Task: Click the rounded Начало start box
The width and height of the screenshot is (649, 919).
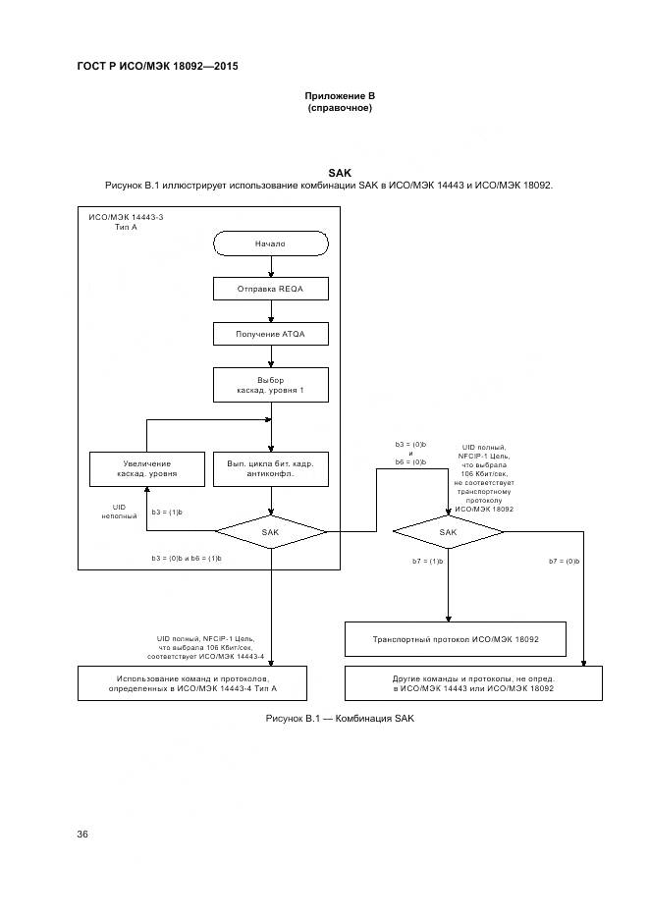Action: tap(270, 243)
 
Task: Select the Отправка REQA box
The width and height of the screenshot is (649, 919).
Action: tap(270, 289)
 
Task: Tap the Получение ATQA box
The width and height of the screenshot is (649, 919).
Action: tap(270, 334)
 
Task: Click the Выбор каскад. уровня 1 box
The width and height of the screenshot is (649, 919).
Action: tap(270, 386)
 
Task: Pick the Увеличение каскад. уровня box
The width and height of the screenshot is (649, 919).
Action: tap(146, 468)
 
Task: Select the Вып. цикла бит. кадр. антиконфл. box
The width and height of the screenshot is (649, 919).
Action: tap(270, 468)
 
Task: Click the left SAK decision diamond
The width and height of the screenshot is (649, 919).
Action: tap(270, 531)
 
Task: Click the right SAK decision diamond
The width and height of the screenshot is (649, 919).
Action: tap(448, 531)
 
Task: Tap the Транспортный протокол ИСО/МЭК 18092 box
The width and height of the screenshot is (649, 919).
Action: tap(455, 639)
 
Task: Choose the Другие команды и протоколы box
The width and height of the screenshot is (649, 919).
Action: tap(473, 683)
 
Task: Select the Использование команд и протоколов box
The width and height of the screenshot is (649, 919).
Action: tap(192, 683)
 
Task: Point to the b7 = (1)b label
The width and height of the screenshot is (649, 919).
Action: tap(428, 561)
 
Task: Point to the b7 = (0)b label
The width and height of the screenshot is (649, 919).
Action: tap(565, 561)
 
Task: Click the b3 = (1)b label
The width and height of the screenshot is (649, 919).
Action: tap(168, 512)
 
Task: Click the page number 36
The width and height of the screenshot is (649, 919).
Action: tap(82, 834)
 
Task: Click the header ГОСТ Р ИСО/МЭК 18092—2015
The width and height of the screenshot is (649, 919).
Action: tap(157, 66)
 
